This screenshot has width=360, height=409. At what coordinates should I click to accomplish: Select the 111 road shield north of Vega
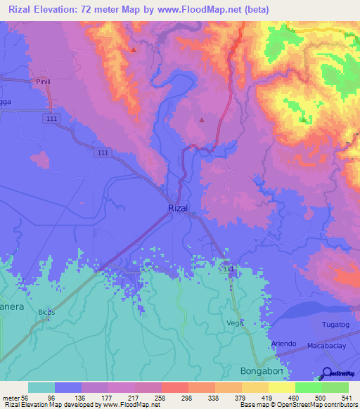coord(227,270)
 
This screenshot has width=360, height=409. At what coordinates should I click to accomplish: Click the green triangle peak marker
coord(302,119)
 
